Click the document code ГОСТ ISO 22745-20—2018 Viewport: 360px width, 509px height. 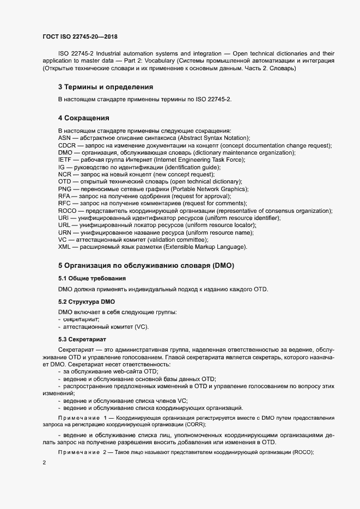point(80,37)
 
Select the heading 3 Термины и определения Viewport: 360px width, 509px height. point(105,87)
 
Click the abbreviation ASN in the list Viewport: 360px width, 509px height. point(65,139)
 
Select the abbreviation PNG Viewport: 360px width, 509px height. point(65,189)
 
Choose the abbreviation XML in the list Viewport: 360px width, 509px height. point(65,247)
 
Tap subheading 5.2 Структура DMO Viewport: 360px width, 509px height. point(86,301)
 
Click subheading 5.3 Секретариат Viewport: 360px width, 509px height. point(82,339)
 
